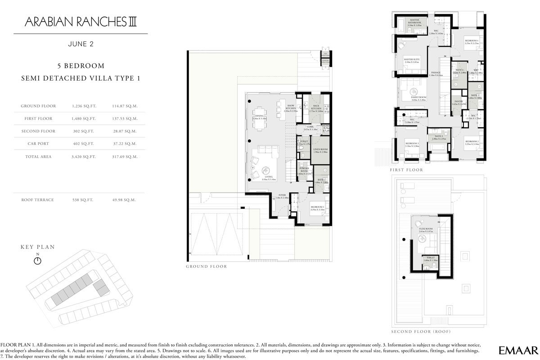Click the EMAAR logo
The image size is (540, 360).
point(518,350)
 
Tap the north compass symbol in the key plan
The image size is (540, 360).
point(38,260)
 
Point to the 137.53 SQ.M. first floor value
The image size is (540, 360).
point(124,119)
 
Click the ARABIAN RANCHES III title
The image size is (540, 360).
point(81,21)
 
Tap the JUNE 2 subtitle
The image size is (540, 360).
point(81,44)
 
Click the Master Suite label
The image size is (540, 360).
point(411,60)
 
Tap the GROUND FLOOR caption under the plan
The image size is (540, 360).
point(206,266)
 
